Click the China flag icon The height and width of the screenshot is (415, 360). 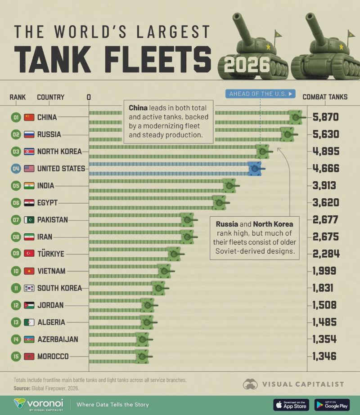[29, 117]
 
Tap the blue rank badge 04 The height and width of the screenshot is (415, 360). [16, 169]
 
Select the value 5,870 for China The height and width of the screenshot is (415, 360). [325, 117]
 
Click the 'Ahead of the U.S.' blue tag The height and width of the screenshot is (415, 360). [261, 94]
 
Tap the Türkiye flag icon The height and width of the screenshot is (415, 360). [29, 254]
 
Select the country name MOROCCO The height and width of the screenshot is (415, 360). [53, 356]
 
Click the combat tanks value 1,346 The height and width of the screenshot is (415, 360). [324, 356]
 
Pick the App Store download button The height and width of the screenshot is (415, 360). [291, 405]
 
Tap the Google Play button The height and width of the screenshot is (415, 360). [332, 405]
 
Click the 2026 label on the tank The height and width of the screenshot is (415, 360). [247, 65]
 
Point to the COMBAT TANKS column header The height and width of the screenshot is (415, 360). [325, 97]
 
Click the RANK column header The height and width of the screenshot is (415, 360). [18, 97]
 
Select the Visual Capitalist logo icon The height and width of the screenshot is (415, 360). [250, 384]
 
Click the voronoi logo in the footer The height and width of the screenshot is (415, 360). [39, 405]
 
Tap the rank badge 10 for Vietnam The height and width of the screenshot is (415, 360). [16, 271]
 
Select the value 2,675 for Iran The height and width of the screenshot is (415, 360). [325, 237]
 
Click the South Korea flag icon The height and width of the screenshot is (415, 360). [29, 288]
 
